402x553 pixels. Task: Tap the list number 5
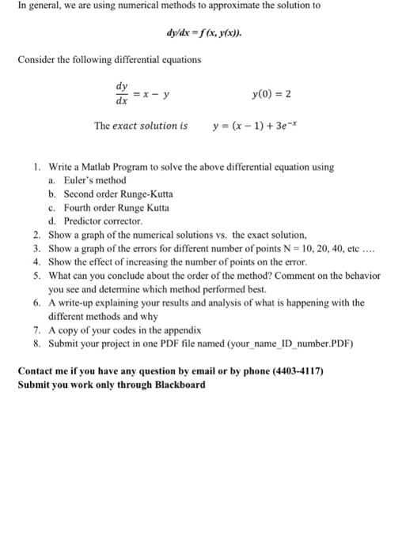37,276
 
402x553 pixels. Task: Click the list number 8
37,344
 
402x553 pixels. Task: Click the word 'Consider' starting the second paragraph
36,60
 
